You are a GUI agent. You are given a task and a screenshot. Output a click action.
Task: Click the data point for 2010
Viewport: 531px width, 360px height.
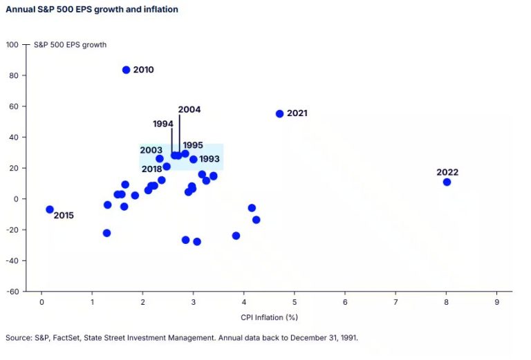pos(126,70)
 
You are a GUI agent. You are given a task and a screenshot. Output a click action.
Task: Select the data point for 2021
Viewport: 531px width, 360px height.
pos(280,113)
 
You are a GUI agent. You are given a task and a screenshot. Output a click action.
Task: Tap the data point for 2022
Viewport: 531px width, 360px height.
pos(447,182)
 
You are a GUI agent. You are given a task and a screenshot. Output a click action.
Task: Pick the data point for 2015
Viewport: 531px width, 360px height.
pos(50,209)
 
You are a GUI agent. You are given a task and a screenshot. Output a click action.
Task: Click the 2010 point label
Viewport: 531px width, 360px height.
pos(143,70)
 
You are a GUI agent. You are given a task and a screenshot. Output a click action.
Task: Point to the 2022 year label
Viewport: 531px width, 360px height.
pos(447,172)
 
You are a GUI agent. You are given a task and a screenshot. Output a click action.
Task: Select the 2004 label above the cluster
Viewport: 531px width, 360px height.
pos(189,109)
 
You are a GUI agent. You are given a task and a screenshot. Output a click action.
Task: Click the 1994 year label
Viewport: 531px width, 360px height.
pos(163,124)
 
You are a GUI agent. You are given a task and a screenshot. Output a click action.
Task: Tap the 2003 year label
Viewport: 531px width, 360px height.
pos(151,150)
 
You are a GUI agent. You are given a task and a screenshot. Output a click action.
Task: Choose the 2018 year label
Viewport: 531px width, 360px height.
pos(151,169)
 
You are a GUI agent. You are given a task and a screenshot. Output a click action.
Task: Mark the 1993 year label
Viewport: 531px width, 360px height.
pos(209,160)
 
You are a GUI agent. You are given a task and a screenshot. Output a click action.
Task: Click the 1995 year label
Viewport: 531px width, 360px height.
pos(193,145)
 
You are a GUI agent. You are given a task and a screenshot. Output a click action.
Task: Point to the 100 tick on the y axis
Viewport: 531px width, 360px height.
pos(12,44)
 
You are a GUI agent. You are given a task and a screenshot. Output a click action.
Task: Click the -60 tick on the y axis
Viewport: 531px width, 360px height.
pos(12,292)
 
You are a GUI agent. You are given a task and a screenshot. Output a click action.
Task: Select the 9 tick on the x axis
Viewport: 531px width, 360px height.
pos(497,303)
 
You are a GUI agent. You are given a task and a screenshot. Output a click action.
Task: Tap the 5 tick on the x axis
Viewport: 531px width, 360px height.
pos(295,303)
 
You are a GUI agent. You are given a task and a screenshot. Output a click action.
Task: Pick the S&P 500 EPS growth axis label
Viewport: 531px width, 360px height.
pos(70,45)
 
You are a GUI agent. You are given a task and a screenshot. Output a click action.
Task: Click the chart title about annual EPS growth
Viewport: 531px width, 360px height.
pos(92,10)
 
